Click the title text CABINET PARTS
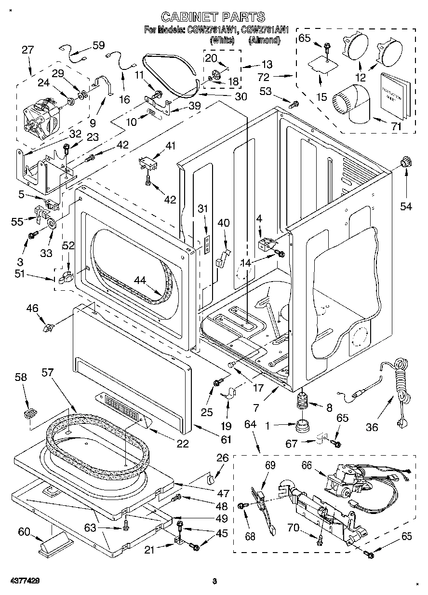click(x=213, y=17)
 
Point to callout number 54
click(x=406, y=206)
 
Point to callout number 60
click(x=24, y=531)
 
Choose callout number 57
click(x=48, y=373)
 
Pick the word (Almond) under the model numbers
click(x=264, y=41)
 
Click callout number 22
click(x=182, y=444)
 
